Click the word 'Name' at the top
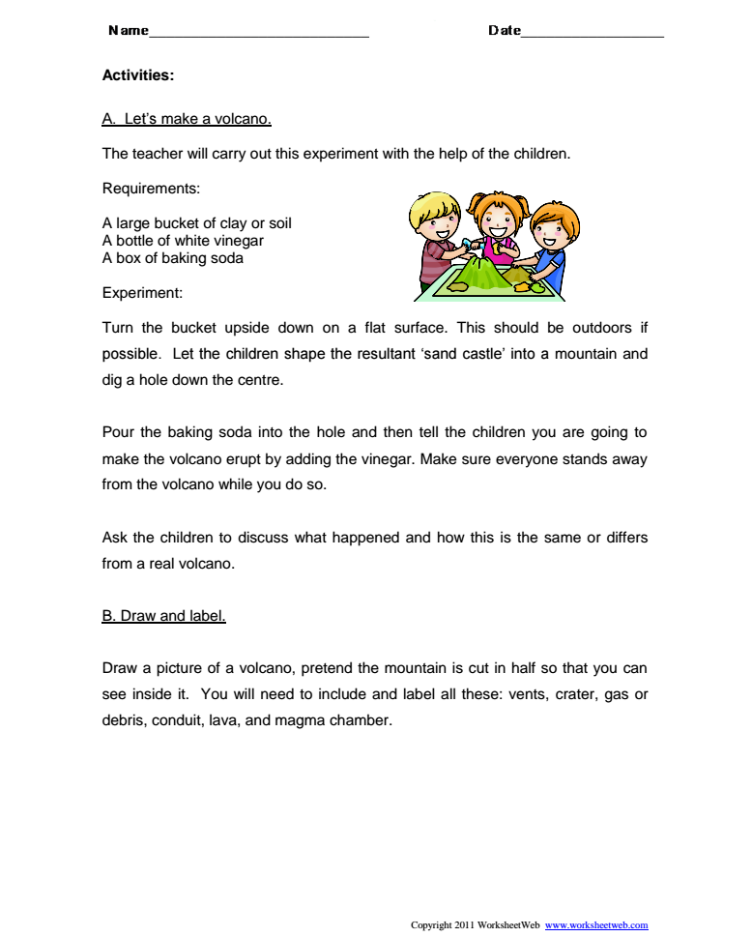tap(129, 30)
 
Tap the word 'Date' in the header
tap(504, 30)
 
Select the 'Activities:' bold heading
tap(137, 74)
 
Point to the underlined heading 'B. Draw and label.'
tap(163, 615)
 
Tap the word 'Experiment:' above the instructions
tap(142, 292)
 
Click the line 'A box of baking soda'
tap(172, 258)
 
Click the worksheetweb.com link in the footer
tap(596, 925)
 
